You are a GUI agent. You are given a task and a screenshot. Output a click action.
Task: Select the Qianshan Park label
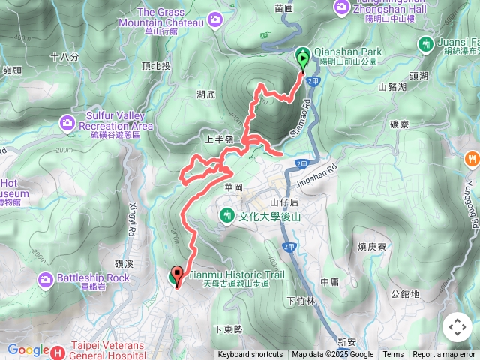(x=352, y=52)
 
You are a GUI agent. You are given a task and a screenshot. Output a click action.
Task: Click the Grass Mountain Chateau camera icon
(x=216, y=18)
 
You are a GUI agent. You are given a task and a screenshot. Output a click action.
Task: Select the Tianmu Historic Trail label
(x=235, y=275)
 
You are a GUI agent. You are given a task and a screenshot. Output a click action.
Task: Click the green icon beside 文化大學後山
(x=227, y=216)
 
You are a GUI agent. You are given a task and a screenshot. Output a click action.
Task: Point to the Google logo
(x=27, y=349)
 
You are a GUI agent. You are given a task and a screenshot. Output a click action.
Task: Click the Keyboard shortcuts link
(x=250, y=355)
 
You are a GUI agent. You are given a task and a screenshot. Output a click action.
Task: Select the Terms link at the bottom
(x=393, y=355)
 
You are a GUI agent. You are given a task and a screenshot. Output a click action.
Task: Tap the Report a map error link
(x=444, y=355)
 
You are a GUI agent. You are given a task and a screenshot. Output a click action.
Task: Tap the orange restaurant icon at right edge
(x=471, y=158)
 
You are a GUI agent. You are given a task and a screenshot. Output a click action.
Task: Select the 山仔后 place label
(x=284, y=202)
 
